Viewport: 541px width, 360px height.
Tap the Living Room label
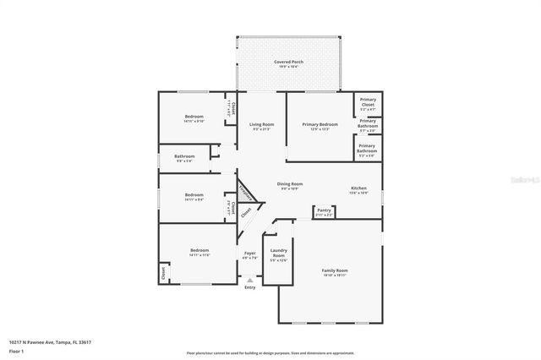[x=261, y=124]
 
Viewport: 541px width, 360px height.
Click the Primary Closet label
[x=368, y=101]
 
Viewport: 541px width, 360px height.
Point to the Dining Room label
[x=290, y=184]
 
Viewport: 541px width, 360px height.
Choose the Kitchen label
[x=359, y=188]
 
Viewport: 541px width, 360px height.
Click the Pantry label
[x=324, y=210]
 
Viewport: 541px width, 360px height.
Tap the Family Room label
[x=335, y=270]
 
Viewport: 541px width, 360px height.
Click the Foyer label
[x=250, y=253]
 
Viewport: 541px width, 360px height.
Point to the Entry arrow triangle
[x=249, y=280]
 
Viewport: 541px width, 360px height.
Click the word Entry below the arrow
[x=249, y=288]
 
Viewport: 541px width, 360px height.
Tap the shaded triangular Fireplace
[x=246, y=193]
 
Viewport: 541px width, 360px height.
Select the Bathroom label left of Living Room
[x=185, y=156]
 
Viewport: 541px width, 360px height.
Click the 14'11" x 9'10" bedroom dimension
[x=195, y=121]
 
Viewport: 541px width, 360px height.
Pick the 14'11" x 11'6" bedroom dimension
[x=199, y=254]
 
